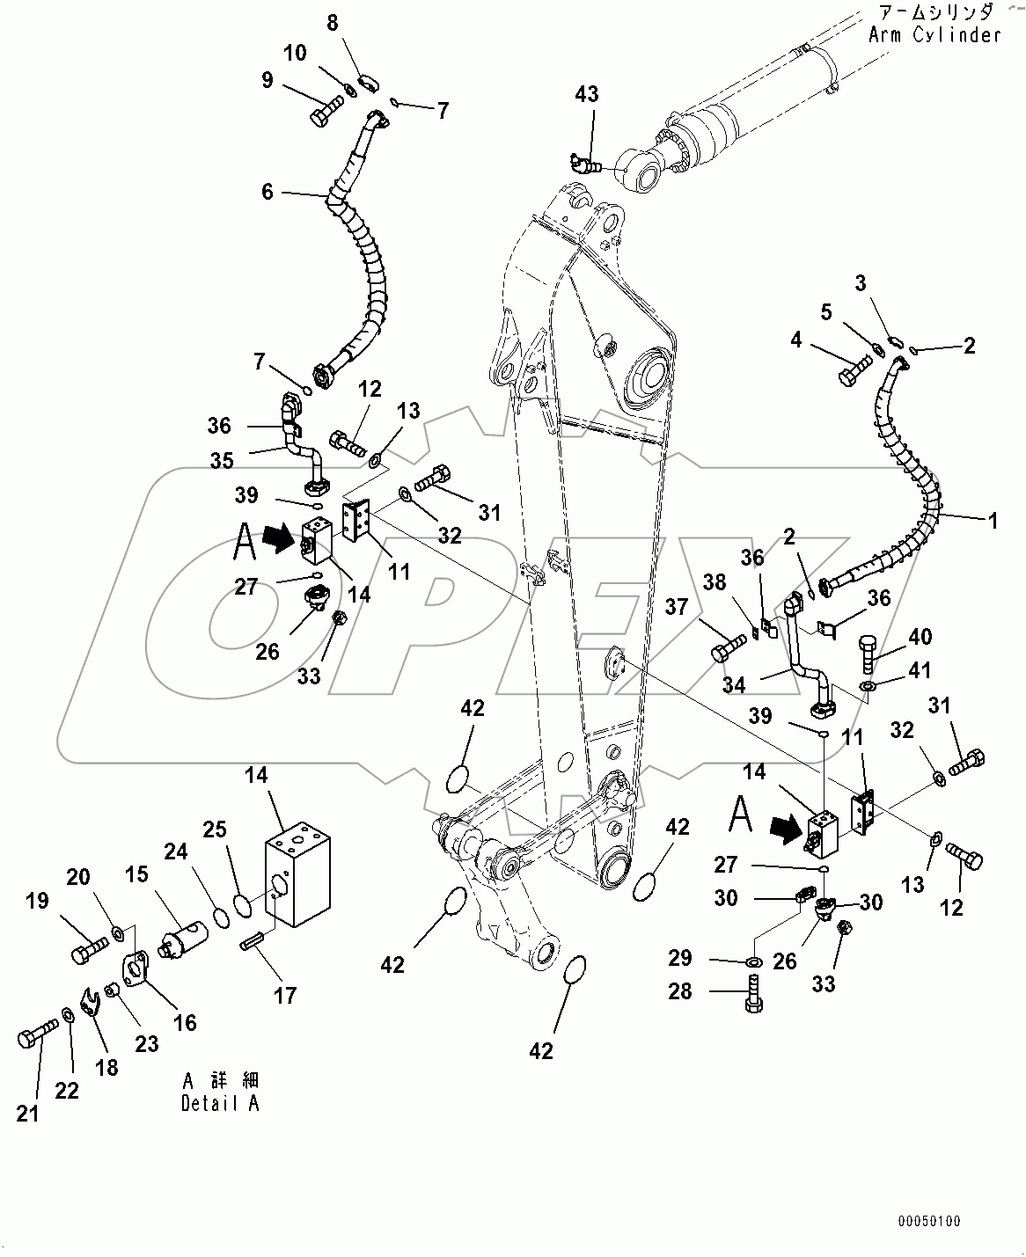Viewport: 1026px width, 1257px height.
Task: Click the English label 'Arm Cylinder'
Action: [934, 35]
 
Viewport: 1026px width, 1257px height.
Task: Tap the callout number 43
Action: [587, 94]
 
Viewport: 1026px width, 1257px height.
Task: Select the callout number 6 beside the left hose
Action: [267, 192]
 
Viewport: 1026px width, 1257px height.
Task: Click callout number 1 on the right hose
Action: [993, 521]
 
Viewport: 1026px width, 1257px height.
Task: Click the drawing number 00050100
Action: [929, 1222]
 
